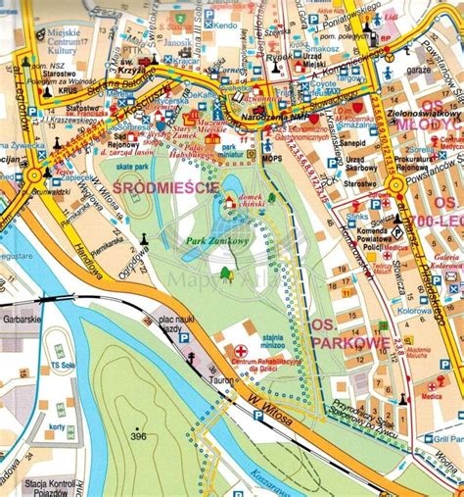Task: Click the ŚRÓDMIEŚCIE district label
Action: (x=154, y=185)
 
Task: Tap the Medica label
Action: (x=433, y=397)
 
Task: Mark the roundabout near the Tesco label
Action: (x=33, y=176)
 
